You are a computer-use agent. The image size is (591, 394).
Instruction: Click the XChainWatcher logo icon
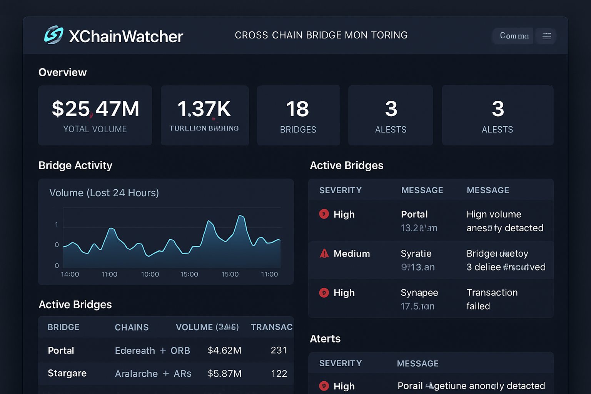coord(53,35)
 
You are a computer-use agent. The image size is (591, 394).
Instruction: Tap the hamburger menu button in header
coord(546,36)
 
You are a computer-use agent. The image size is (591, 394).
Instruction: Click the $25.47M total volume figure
coord(95,109)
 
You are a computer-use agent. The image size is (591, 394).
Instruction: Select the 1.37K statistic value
coord(204,109)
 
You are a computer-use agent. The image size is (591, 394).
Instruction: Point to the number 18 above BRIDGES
coord(297,109)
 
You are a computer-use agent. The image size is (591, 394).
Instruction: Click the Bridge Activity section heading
coord(75,165)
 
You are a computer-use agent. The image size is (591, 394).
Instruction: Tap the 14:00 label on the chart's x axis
coord(70,274)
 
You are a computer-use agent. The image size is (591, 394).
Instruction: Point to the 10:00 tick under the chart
coord(150,274)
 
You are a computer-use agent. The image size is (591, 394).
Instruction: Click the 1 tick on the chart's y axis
coord(57,224)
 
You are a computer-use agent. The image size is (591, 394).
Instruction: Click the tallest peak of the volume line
coord(240,216)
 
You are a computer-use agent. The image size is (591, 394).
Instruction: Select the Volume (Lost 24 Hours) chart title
coord(104,193)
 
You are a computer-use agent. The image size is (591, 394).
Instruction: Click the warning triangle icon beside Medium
coord(324,253)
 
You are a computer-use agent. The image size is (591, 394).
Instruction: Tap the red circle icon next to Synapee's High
coord(324,293)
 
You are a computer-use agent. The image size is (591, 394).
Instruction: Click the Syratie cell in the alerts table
coord(416,254)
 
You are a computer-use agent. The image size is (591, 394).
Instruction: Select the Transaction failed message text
coord(492,299)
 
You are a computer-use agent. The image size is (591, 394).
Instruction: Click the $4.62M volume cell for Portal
coord(224,351)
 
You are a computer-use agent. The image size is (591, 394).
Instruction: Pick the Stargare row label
coord(67,373)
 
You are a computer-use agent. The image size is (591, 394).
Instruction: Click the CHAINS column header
coord(132,327)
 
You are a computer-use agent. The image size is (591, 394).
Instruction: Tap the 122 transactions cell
coord(279,374)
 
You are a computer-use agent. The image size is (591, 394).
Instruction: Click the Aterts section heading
coord(325,339)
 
